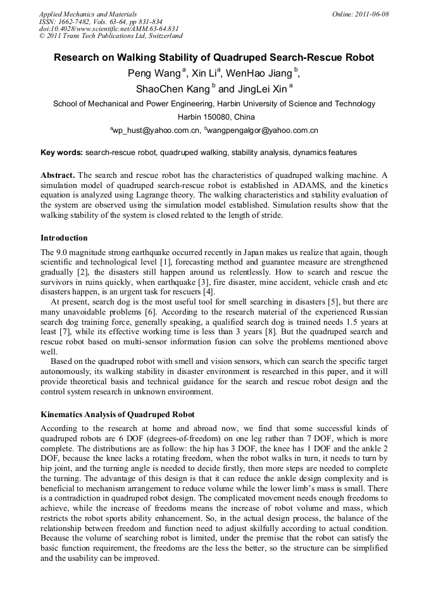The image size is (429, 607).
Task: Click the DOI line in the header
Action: pos(109,28)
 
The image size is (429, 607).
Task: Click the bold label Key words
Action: pos(61,153)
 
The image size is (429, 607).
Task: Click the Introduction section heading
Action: pos(64,238)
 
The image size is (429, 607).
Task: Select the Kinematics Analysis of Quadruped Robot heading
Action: pos(118,415)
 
